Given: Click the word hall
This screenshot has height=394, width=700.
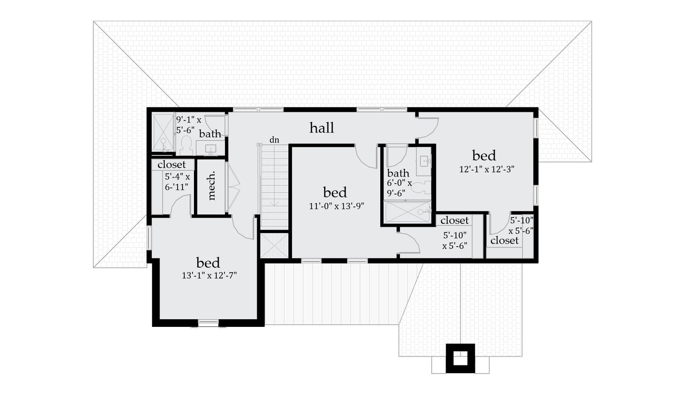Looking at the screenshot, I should [322, 128].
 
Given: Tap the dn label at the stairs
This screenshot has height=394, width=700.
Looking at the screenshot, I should [275, 140].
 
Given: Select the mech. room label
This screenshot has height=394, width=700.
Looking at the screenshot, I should [211, 186].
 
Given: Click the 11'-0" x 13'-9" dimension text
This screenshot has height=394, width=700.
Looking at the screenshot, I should [337, 206].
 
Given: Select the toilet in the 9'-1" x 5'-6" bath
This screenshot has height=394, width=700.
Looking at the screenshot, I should [185, 145].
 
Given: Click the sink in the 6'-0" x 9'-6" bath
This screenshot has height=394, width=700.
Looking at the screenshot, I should [424, 161].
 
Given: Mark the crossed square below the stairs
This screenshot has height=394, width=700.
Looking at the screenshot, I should [275, 246].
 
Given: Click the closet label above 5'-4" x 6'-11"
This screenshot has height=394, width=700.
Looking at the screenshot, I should [172, 165].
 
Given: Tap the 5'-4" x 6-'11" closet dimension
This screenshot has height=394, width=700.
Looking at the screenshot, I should [177, 181].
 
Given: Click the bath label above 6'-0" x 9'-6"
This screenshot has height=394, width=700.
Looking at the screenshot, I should [398, 173].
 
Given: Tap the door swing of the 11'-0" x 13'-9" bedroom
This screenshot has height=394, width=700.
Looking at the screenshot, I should [366, 157].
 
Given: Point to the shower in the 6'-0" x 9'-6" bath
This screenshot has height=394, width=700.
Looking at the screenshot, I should [407, 213].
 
